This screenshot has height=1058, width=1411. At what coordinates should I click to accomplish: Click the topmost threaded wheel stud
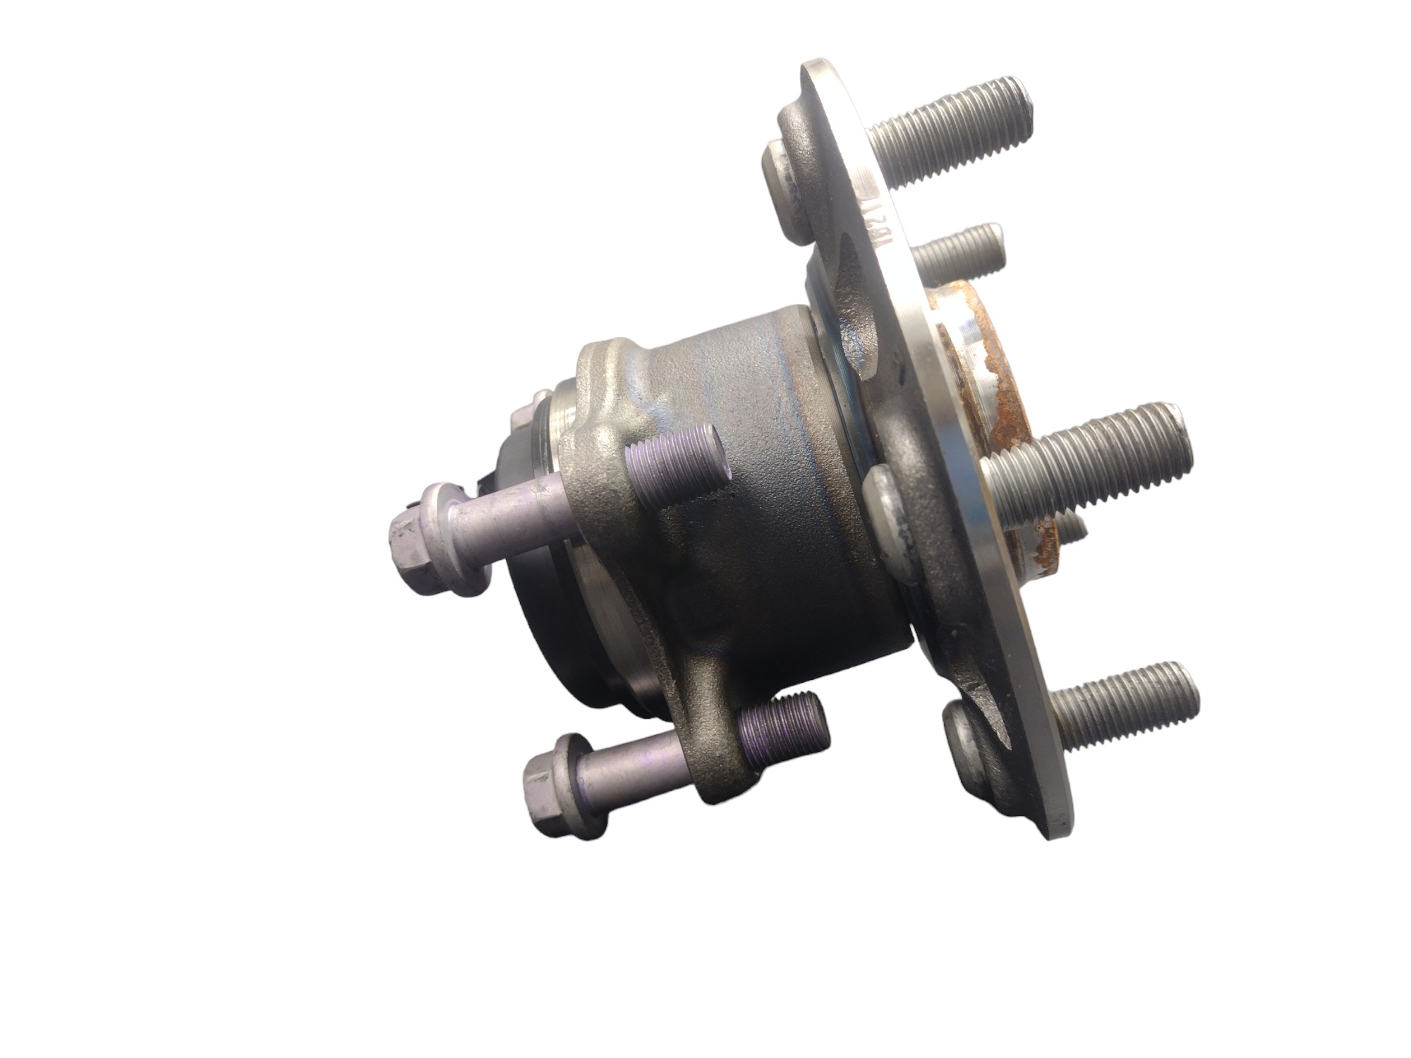pyautogui.click(x=952, y=134)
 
